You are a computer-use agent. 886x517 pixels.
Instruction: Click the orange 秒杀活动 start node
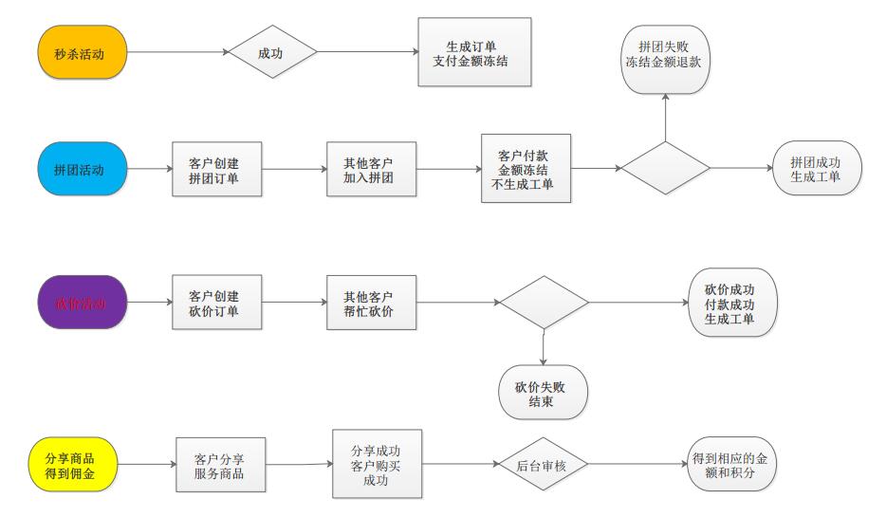[83, 54]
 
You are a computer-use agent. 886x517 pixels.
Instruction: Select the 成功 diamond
[271, 54]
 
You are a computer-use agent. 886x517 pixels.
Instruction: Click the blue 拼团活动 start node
[83, 169]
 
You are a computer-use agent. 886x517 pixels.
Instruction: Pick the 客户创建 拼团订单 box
[217, 169]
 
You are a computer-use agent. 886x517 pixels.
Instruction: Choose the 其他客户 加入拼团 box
[371, 169]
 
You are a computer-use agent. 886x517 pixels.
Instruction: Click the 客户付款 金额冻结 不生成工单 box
[526, 168]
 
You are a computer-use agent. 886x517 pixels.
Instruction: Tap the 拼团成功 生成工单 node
[817, 168]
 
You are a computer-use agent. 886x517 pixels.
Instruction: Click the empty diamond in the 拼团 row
[665, 169]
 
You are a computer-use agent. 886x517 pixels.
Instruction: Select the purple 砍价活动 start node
[83, 303]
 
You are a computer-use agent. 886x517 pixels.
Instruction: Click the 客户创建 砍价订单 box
[217, 303]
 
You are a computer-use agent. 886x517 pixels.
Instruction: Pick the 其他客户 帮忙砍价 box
[371, 303]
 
